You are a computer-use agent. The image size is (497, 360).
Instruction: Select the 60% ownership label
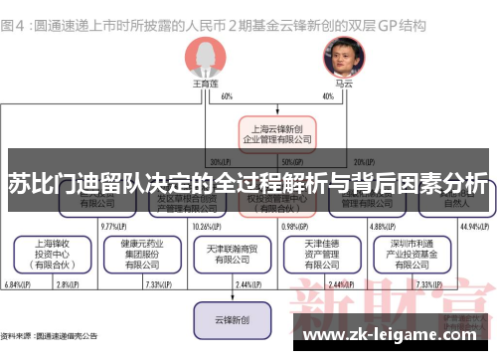(x=228, y=96)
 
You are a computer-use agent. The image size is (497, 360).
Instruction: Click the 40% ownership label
(x=328, y=96)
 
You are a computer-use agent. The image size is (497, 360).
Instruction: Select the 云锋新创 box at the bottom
(x=230, y=321)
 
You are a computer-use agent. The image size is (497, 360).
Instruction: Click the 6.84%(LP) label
(x=17, y=286)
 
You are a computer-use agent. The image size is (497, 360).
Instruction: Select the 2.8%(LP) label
(x=68, y=286)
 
